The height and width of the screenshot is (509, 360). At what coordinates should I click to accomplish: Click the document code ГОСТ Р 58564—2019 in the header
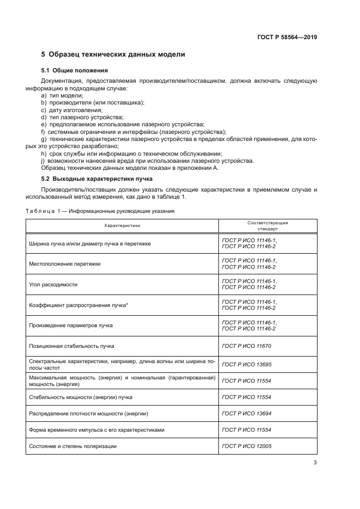coord(287,38)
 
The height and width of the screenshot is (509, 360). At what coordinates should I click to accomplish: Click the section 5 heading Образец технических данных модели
coord(113,54)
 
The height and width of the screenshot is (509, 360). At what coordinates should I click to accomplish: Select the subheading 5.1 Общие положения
coord(75,71)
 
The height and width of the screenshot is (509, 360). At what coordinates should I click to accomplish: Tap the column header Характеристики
coord(123,225)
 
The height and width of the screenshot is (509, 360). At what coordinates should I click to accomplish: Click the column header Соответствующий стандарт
coord(267,225)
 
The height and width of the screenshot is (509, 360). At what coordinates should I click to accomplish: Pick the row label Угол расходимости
coord(53,285)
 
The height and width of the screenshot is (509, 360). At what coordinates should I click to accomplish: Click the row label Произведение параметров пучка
coord(71,325)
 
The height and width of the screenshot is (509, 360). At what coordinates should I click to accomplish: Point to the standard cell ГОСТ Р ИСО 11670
coord(247,346)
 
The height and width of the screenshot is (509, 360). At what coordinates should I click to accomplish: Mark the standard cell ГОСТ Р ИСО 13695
coord(247,364)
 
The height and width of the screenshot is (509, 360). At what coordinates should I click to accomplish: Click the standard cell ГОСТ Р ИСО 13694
coord(247,414)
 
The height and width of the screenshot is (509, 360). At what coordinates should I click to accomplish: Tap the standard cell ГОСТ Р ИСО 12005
coord(247,446)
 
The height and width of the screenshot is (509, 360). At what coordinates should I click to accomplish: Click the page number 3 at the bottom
coord(315,463)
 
